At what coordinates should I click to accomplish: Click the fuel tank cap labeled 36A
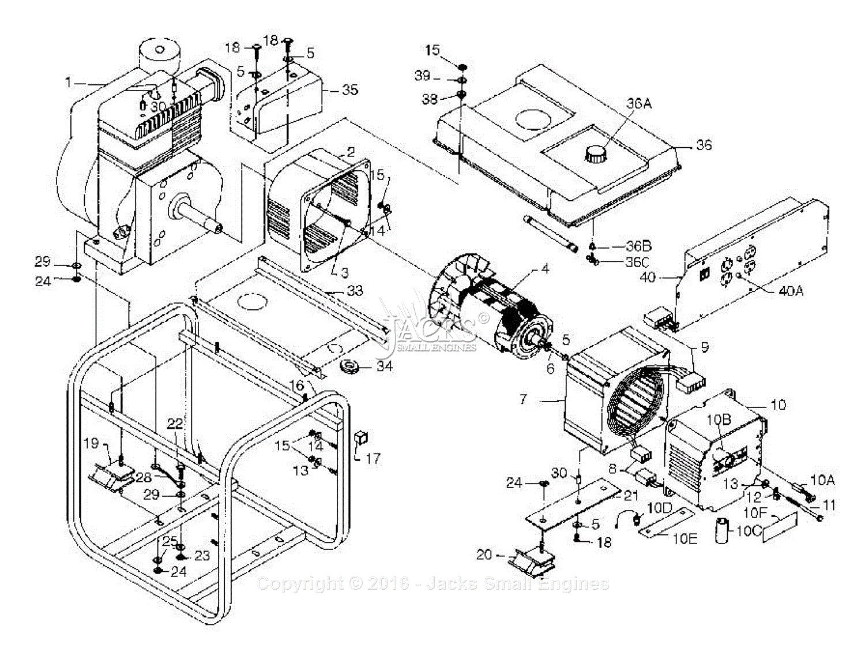597,155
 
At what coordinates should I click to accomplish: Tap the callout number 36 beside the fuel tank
704,145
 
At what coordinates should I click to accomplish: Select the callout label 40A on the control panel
790,291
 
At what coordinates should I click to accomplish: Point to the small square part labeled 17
360,438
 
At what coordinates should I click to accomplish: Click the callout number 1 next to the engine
68,83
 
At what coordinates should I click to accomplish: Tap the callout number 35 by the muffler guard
349,90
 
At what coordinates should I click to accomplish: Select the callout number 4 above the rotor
544,269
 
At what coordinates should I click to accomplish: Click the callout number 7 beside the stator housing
524,399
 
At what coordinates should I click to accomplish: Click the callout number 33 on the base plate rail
355,291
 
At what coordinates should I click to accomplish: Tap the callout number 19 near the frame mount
91,443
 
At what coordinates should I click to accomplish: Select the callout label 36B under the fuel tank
639,246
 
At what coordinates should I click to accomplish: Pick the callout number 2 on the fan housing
350,153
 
